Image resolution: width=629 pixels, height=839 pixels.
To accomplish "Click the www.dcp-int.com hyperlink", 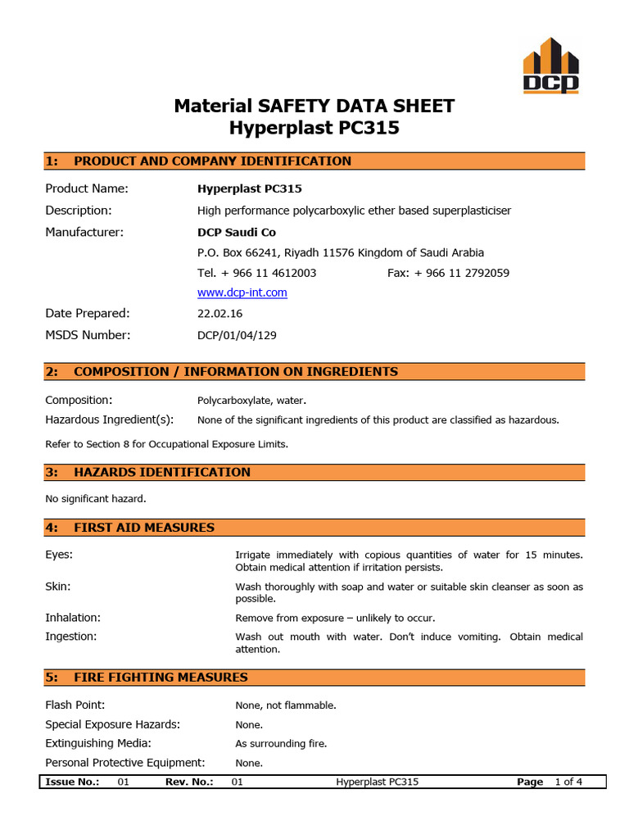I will (242, 293).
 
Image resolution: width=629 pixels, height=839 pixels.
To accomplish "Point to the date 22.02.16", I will (220, 313).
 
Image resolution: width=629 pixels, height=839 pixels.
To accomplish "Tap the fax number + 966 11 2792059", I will (448, 273).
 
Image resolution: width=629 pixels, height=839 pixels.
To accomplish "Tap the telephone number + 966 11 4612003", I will (257, 273).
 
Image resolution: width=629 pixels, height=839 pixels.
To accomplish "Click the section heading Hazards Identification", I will (162, 472).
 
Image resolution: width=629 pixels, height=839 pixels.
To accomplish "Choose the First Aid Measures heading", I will (144, 528).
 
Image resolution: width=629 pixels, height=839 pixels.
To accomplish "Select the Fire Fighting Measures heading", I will (161, 678).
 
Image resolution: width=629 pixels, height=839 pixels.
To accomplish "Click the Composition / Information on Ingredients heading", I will (236, 372).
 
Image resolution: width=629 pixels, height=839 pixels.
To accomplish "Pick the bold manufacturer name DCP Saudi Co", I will (237, 233).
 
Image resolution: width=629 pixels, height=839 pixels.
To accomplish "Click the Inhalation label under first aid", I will (73, 617).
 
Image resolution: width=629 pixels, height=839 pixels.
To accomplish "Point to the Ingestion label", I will (71, 636).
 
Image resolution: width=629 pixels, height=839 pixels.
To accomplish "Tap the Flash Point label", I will (75, 705).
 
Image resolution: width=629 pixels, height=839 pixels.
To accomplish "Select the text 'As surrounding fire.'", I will (281, 744).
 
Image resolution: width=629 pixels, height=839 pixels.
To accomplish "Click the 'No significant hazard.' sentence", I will (96, 498).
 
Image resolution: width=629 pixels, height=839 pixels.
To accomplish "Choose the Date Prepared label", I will (88, 313).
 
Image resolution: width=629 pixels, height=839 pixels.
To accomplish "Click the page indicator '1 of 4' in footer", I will (568, 782).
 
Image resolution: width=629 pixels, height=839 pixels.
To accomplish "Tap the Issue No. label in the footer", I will (72, 782).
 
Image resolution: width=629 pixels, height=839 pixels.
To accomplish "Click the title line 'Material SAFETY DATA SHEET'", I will (314, 106).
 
